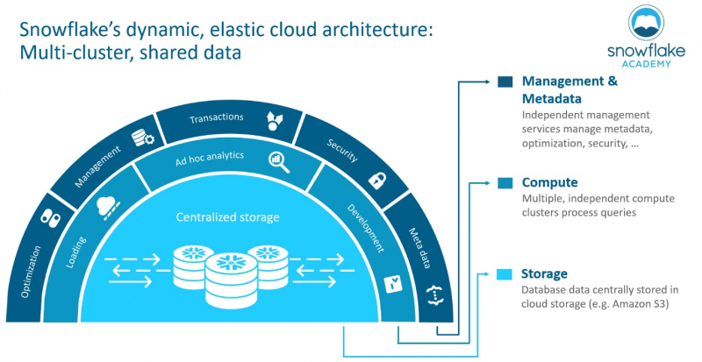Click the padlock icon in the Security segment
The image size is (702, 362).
tap(377, 180)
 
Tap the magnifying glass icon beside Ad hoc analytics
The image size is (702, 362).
tap(279, 162)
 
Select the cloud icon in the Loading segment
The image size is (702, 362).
tap(108, 207)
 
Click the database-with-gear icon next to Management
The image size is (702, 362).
tap(143, 138)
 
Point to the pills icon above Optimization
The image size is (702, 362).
tap(50, 218)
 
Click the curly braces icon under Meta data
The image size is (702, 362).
tap(432, 295)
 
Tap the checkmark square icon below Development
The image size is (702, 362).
tap(393, 285)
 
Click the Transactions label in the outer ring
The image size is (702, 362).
tap(216, 118)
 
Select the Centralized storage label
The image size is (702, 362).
tap(227, 217)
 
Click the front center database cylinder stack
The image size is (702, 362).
tap(231, 280)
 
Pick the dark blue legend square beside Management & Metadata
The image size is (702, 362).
tap(505, 82)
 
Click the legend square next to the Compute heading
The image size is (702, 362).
tap(505, 183)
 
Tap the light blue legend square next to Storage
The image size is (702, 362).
tap(505, 274)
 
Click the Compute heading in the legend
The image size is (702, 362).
tap(550, 182)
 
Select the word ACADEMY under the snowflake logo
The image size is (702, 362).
tap(646, 64)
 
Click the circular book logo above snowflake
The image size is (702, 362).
tap(647, 23)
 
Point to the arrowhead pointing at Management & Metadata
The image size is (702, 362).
tap(488, 82)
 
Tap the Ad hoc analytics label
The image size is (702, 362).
tap(210, 159)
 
